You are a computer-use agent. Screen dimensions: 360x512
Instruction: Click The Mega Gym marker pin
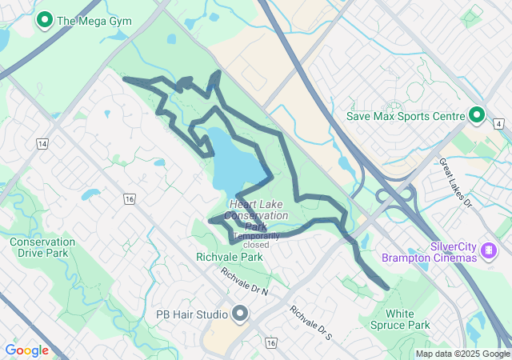45,19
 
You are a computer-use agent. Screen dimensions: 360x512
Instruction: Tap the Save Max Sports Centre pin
478,116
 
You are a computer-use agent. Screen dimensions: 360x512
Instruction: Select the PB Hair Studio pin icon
240,313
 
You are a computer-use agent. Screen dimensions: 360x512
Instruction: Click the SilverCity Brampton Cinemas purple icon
487,252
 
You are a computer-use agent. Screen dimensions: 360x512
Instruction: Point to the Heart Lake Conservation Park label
257,215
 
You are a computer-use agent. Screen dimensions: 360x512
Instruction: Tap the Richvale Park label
230,258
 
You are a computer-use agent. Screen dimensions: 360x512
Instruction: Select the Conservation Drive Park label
42,247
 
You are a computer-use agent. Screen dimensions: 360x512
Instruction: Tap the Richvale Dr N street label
245,282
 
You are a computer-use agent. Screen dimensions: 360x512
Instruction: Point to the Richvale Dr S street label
310,322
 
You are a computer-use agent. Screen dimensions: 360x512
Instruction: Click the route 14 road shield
42,143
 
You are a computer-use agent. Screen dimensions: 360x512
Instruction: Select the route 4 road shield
498,125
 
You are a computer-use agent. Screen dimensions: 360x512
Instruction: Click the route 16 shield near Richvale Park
130,198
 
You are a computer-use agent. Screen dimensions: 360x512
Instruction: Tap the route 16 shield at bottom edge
272,343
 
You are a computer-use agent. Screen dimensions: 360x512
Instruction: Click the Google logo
26,350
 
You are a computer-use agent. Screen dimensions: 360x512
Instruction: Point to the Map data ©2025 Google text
462,354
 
